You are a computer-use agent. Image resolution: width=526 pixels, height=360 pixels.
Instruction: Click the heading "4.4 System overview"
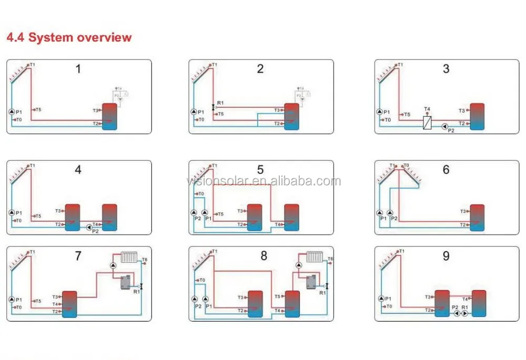tap(68, 37)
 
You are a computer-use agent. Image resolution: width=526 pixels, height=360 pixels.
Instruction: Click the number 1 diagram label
tap(78, 69)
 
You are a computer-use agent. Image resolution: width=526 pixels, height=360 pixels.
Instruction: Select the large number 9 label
tap(446, 256)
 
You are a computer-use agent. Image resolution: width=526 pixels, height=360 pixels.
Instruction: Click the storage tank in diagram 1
tap(109, 116)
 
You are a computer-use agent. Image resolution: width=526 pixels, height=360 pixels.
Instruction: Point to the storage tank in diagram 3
tap(477, 116)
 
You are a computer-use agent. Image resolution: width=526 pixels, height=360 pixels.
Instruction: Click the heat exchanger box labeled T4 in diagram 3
tap(428, 122)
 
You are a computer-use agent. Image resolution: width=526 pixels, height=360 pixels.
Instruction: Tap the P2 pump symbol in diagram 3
tap(445, 126)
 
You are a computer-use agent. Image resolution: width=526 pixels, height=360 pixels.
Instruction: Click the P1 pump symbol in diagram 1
tap(12, 112)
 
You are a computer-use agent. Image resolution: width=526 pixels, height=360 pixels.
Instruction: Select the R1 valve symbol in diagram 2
tap(213, 107)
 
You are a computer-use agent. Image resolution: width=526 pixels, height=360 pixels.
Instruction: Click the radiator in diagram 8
tap(314, 257)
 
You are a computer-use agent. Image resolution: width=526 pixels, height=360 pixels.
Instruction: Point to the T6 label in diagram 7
tap(145, 260)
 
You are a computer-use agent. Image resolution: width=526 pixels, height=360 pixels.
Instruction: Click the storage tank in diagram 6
tap(477, 217)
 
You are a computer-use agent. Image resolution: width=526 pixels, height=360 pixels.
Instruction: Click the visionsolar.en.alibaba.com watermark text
tap(263, 182)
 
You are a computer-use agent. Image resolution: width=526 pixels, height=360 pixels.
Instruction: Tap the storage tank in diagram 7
tap(69, 304)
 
